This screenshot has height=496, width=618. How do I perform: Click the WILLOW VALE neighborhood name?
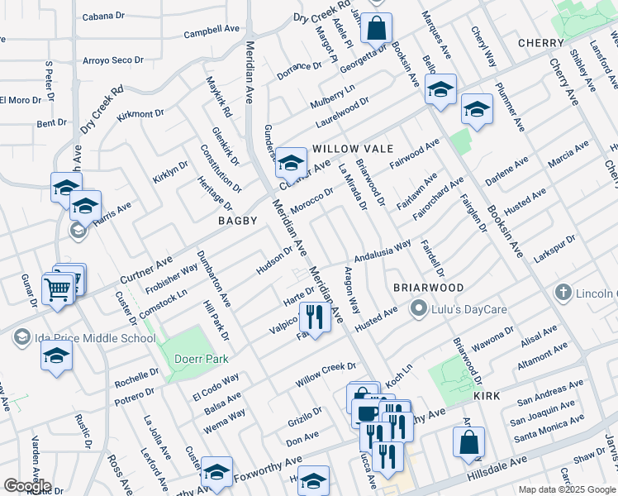(x=345, y=149)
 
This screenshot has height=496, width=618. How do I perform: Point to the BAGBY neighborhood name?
(x=238, y=221)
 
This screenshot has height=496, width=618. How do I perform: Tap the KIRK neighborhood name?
(x=487, y=397)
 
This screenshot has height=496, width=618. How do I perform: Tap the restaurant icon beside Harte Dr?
(x=314, y=317)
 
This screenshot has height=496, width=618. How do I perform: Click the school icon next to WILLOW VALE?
(x=291, y=160)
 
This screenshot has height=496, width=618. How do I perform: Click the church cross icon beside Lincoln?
(x=563, y=293)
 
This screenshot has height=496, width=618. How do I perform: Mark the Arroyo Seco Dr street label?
(x=113, y=60)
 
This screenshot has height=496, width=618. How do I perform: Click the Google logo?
(x=27, y=486)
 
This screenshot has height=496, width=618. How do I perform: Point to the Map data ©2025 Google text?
(x=565, y=489)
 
